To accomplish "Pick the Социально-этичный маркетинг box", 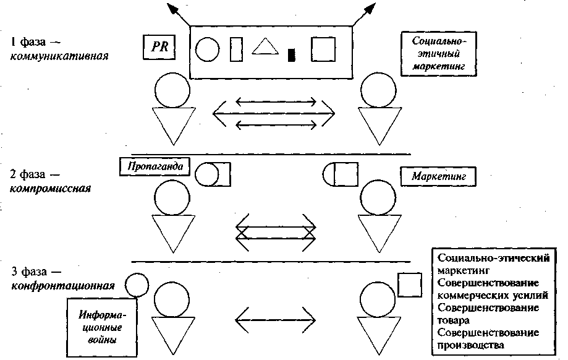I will tap(439, 53).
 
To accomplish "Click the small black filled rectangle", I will tap(292, 55).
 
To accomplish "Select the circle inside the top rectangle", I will tap(208, 48).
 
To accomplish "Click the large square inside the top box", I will tap(324, 48).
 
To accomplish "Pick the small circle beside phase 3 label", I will tap(136, 285).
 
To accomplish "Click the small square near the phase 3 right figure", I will tap(409, 285).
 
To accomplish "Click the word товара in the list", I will tap(452, 320).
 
